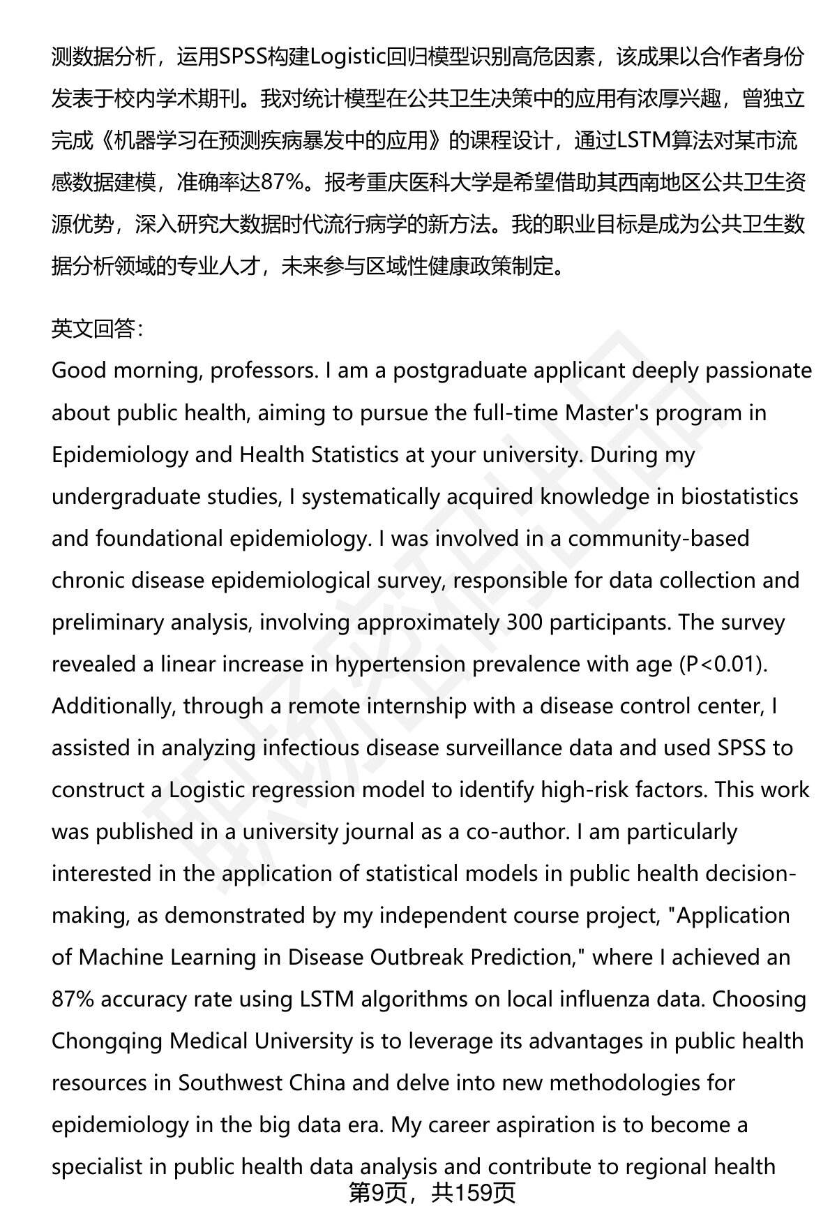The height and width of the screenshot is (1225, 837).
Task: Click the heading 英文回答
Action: click(x=97, y=329)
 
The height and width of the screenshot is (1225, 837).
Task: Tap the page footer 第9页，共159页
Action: click(x=432, y=1193)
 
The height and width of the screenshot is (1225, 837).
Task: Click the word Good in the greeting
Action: click(x=78, y=370)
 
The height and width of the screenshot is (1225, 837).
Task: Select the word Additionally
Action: click(x=112, y=706)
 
